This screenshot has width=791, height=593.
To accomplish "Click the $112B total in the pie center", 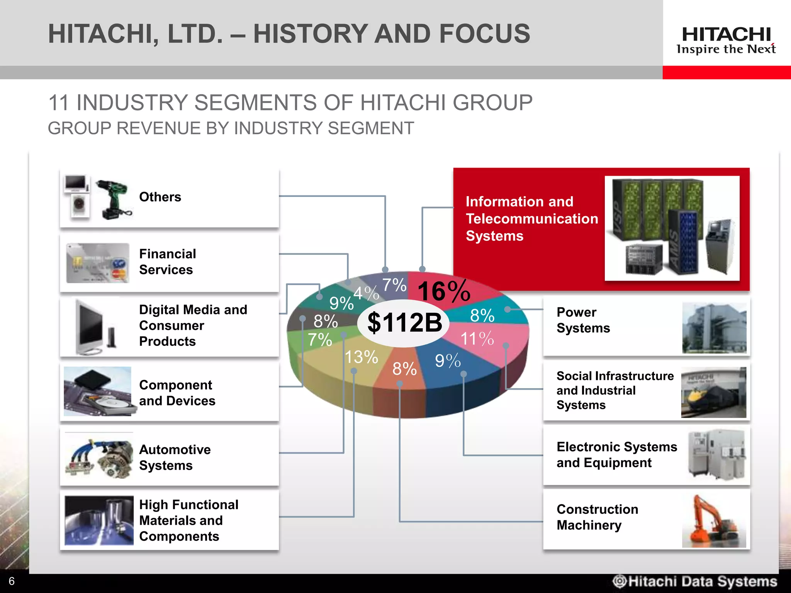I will click(404, 323).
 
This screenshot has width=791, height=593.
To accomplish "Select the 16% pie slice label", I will click(444, 291).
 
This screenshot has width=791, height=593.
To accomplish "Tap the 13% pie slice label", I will click(361, 357).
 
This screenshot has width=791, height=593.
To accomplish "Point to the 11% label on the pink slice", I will click(477, 339).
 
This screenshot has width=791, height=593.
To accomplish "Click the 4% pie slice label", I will click(366, 293).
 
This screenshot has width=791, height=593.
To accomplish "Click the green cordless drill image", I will click(114, 199).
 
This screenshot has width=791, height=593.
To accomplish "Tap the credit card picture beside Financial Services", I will click(98, 263).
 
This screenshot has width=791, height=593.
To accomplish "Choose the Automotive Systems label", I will click(175, 457).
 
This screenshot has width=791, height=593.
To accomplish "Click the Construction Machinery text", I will click(597, 517).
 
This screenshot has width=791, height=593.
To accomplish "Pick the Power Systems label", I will click(583, 320).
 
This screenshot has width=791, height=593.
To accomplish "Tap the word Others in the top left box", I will click(160, 197).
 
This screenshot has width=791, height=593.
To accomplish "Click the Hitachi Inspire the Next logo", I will click(726, 40).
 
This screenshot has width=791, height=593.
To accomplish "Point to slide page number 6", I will click(12, 581).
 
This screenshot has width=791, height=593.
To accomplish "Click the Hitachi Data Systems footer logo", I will click(695, 581).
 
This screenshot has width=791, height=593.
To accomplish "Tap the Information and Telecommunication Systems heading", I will click(531, 219).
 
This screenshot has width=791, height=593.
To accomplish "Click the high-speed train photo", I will click(713, 393).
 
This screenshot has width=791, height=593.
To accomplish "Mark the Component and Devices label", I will click(177, 393).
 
